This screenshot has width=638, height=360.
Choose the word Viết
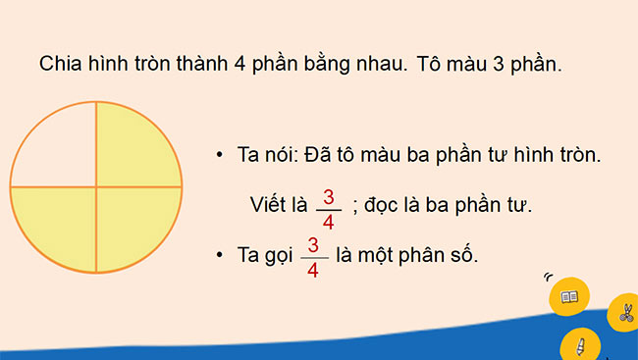tap(270, 205)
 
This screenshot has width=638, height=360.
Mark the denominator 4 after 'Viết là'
tap(328, 222)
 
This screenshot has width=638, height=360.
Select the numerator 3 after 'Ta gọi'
tap(313, 245)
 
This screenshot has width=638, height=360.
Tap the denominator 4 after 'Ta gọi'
tap(313, 269)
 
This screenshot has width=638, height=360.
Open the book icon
tap(569, 295)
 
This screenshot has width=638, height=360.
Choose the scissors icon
tap(623, 314)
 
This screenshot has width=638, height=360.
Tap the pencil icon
tap(580, 345)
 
